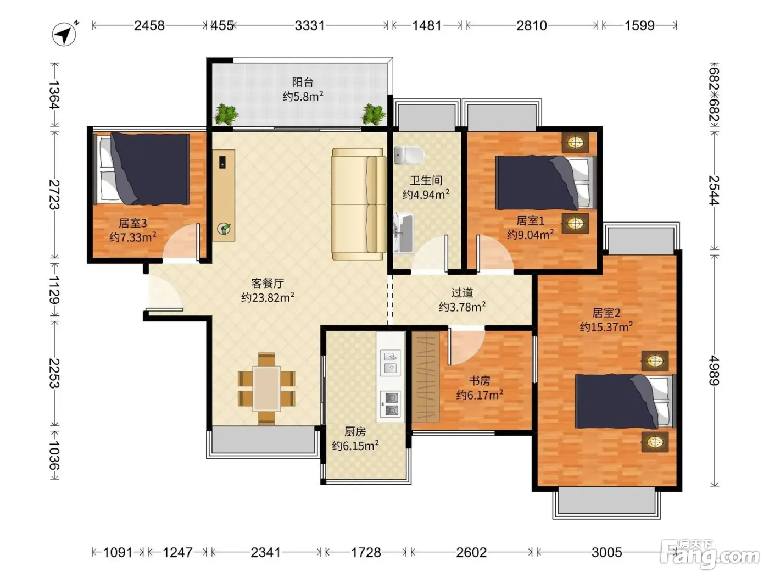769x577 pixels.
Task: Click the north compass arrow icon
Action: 64,34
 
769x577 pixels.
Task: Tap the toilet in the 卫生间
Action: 409,155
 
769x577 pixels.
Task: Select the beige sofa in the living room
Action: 359,204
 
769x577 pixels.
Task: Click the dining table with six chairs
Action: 266,389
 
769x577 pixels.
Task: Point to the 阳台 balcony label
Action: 303,82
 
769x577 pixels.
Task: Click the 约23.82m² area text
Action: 268,297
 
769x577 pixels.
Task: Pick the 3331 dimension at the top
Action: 310,26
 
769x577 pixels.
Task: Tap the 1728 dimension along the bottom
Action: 366,552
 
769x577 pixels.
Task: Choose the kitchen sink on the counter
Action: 391,363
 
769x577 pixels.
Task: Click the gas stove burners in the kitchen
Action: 391,403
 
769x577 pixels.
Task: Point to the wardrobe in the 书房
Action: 425,377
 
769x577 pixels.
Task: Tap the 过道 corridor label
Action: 462,292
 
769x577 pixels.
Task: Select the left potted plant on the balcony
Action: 226,114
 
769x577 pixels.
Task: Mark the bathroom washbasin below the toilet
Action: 403,232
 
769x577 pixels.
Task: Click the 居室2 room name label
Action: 606,313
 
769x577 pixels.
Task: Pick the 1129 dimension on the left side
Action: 54,290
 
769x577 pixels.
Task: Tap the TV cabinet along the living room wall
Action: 224,195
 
